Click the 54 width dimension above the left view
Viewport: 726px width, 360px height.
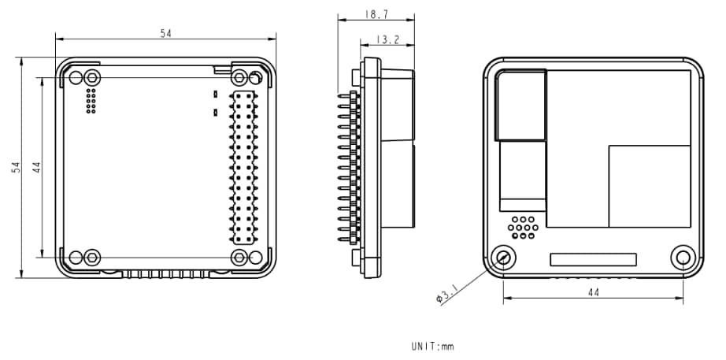pos(165,33)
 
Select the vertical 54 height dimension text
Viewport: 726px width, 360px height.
pos(16,167)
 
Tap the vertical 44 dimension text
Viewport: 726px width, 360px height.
pos(36,167)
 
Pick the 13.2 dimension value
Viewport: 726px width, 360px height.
pos(386,39)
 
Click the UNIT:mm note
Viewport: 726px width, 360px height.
pos(432,346)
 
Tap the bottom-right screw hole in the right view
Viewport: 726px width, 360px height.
pos(683,257)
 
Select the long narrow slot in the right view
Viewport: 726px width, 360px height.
pos(593,258)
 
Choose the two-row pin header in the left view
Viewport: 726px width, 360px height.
pos(243,167)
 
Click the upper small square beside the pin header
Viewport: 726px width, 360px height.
pos(215,95)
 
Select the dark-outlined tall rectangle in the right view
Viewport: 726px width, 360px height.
pos(520,105)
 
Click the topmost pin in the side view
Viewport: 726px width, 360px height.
pos(344,96)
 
